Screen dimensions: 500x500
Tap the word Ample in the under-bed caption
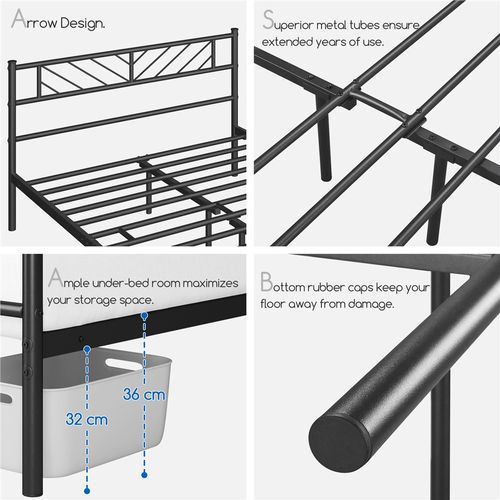point(73,281)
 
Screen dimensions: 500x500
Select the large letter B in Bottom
point(267,282)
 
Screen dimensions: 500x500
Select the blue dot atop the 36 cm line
point(146,315)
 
